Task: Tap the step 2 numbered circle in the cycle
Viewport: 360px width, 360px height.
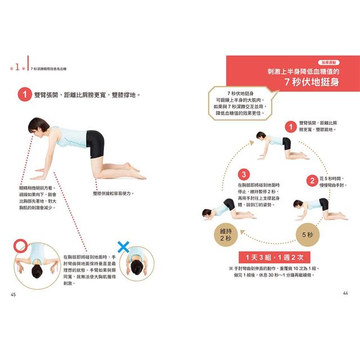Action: pos(311,180)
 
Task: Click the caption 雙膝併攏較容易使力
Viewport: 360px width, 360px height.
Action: pos(113,193)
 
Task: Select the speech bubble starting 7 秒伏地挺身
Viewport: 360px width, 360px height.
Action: pos(236,102)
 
